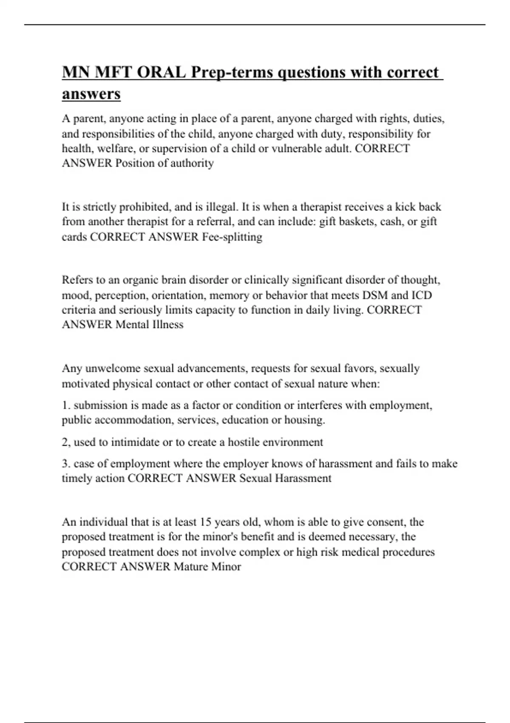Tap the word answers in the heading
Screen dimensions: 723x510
click(91, 94)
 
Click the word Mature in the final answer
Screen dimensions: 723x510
click(191, 566)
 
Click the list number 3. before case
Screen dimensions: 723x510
click(66, 463)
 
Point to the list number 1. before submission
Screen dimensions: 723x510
click(66, 405)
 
